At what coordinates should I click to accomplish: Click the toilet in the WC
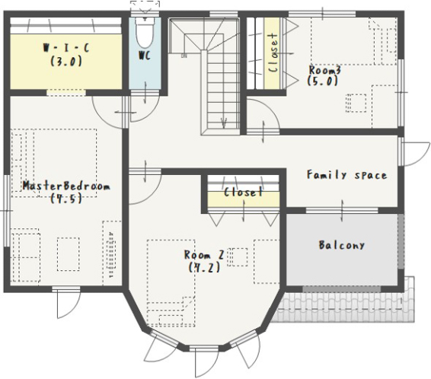click(x=145, y=33)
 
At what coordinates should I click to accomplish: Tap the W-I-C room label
click(x=66, y=49)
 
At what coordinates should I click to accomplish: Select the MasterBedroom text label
click(x=66, y=186)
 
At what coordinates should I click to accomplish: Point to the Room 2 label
click(x=204, y=255)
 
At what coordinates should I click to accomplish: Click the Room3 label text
click(x=325, y=70)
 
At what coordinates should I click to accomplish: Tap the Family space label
click(x=347, y=175)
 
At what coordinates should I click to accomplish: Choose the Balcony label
click(x=342, y=245)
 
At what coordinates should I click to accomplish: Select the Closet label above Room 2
click(x=243, y=193)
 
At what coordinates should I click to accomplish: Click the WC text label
click(x=145, y=56)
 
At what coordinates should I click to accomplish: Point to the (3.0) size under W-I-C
click(x=66, y=61)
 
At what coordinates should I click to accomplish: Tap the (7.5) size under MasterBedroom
click(x=66, y=199)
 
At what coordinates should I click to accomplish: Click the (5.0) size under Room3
click(x=322, y=81)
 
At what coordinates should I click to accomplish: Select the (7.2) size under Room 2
click(x=205, y=267)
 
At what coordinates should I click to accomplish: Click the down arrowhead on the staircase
click(x=224, y=123)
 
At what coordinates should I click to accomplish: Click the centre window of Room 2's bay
click(x=203, y=349)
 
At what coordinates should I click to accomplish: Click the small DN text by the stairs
click(x=184, y=56)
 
